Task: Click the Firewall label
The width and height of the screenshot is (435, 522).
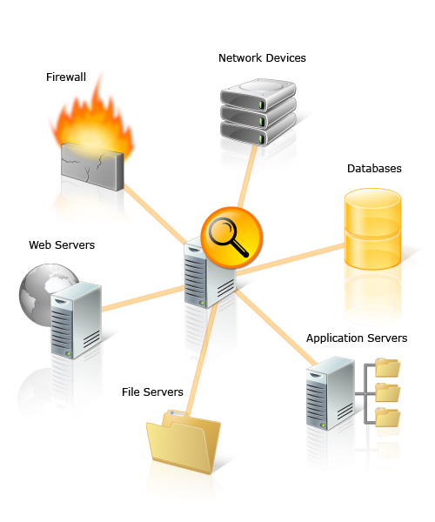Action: click(x=66, y=77)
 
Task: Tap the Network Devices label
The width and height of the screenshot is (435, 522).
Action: click(x=262, y=58)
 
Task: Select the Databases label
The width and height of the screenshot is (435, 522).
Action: click(x=374, y=169)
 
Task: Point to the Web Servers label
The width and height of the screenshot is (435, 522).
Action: click(x=62, y=245)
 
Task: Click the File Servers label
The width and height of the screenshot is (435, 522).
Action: click(x=152, y=391)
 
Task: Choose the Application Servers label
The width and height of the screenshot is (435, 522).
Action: click(x=357, y=338)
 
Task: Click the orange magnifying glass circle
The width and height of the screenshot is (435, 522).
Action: click(x=231, y=238)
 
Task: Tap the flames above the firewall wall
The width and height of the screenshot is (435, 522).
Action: click(x=92, y=120)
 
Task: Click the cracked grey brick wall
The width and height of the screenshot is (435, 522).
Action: click(x=92, y=166)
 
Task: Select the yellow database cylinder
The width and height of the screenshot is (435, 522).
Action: click(x=372, y=229)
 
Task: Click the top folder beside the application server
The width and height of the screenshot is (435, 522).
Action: click(x=387, y=367)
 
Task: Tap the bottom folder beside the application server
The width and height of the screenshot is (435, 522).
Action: click(x=387, y=418)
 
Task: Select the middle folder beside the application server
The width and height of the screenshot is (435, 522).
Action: click(x=387, y=392)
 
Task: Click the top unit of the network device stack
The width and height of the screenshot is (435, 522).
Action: click(x=258, y=94)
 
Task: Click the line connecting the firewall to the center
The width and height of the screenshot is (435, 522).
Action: click(x=155, y=213)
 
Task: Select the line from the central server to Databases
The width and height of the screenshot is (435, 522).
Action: click(x=291, y=259)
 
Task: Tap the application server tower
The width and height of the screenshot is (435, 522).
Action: click(x=330, y=393)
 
